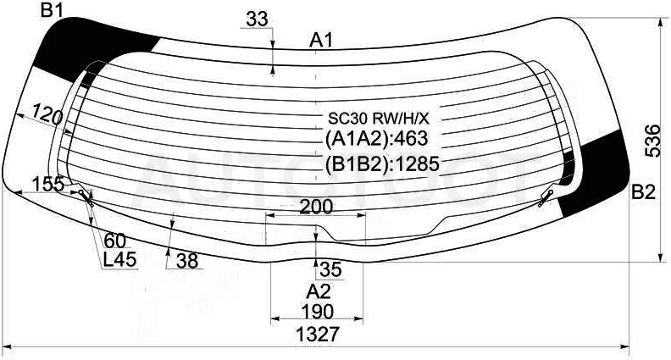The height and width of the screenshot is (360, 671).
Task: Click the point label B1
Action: [53, 11]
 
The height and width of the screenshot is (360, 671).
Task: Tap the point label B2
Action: [644, 193]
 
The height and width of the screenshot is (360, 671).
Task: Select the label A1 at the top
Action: [321, 41]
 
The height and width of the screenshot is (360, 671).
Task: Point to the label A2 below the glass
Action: [319, 292]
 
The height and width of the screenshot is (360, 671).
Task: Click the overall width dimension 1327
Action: [320, 334]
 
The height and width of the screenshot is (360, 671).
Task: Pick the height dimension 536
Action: [654, 141]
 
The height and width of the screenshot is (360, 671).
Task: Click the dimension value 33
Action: [257, 19]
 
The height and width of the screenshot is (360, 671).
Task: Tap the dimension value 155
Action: [48, 184]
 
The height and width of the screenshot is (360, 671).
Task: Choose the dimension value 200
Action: [316, 207]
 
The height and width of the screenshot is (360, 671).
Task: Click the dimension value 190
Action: [318, 312]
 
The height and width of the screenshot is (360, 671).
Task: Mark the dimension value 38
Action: [187, 261]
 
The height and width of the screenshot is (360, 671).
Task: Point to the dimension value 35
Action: [330, 269]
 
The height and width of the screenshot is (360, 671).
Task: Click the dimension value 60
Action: [115, 241]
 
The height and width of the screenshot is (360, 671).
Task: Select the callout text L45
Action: [119, 258]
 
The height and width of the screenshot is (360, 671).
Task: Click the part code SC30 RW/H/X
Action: [379, 118]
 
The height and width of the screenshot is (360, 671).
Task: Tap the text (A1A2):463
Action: [376, 138]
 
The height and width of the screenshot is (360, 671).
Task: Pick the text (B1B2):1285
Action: [382, 163]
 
